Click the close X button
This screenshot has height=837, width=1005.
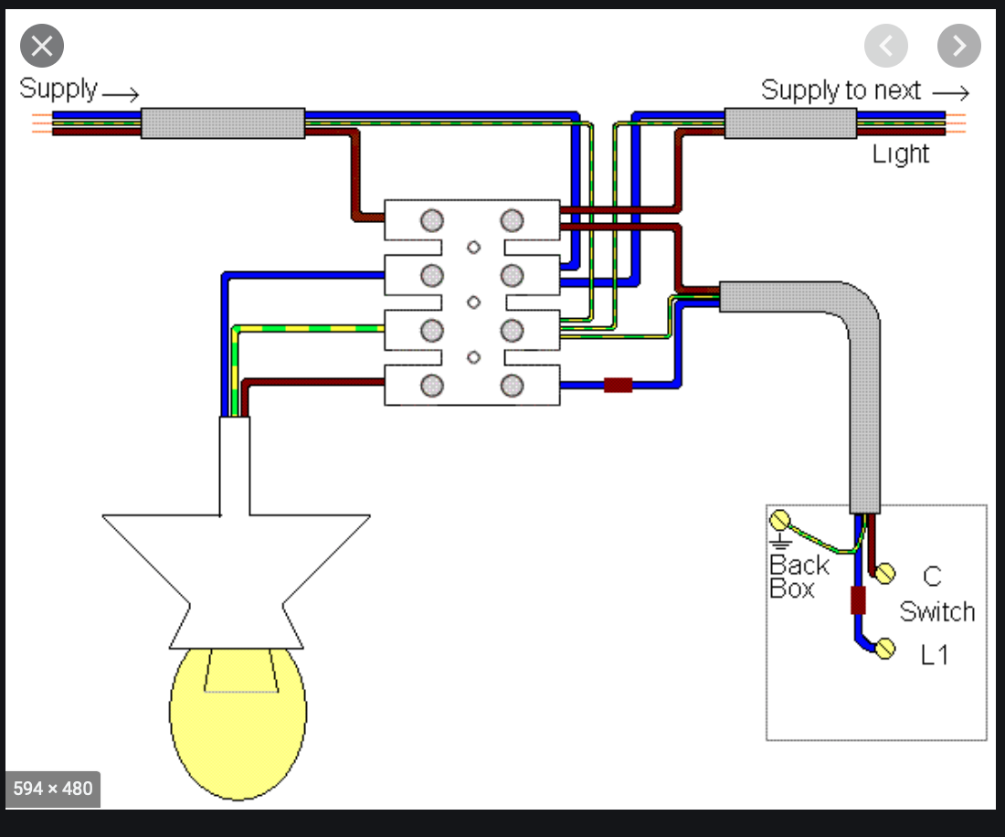[x=42, y=46]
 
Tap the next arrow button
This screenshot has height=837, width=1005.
[x=958, y=46]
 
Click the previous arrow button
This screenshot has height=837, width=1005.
[x=886, y=46]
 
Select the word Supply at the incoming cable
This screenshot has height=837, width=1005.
[x=58, y=90]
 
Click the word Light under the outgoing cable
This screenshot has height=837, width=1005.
[x=900, y=154]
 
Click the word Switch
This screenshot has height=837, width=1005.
[x=937, y=611]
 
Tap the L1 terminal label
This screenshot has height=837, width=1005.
[x=935, y=654]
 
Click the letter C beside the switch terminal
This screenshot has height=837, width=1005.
[x=932, y=577]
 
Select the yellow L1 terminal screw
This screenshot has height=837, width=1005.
[x=884, y=649]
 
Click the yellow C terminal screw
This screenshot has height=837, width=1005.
[x=883, y=573]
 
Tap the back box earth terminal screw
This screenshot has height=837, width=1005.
[x=779, y=520]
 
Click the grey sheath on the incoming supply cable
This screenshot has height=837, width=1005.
[x=222, y=123]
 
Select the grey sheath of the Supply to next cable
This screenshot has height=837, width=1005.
[x=790, y=123]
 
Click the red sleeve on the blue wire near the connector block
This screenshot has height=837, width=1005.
[x=619, y=385]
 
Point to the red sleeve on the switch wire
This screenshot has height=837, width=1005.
[x=858, y=600]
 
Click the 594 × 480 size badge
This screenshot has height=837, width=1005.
[x=53, y=788]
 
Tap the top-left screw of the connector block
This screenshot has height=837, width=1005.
[x=432, y=220]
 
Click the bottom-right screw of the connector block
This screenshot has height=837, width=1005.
[x=512, y=386]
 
